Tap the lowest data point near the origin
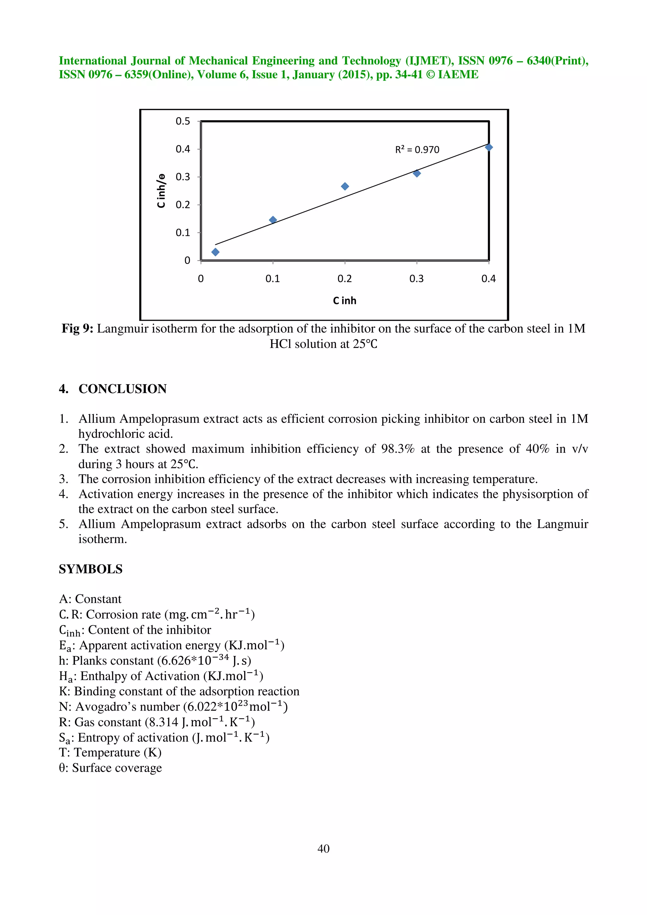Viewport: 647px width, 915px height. [215, 252]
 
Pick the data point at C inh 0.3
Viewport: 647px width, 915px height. [417, 173]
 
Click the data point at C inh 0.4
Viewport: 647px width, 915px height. [489, 147]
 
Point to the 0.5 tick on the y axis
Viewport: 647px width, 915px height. [183, 121]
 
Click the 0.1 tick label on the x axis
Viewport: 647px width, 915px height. [273, 278]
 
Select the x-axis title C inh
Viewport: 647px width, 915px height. [344, 301]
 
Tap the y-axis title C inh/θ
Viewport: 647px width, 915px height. [161, 190]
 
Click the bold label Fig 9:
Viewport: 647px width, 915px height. [77, 329]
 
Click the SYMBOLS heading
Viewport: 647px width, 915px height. [90, 569]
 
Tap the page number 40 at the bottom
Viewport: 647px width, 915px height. [323, 848]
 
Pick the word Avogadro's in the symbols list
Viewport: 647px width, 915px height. [101, 707]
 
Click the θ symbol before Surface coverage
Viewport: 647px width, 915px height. [62, 768]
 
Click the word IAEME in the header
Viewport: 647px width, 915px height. [458, 75]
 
